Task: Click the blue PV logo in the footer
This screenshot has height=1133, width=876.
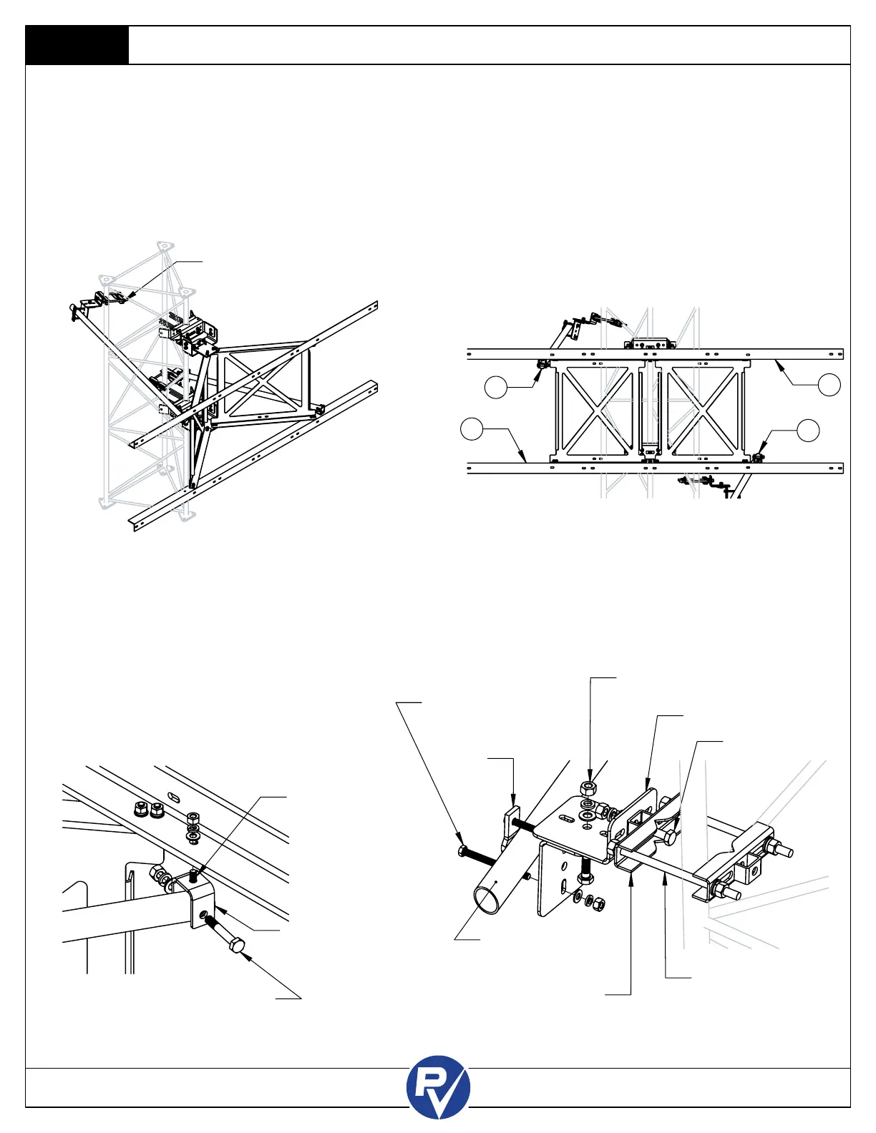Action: pos(438,1087)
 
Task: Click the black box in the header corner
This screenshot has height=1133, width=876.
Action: pos(77,46)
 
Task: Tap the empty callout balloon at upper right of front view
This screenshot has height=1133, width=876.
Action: pos(829,384)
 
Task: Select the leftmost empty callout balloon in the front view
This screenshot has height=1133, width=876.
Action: pos(471,429)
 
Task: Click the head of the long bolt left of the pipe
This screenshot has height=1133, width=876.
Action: pos(462,850)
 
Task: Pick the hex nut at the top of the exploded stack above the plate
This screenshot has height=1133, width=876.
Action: pos(588,788)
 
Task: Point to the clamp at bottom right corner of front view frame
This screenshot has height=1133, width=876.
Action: pos(760,455)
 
